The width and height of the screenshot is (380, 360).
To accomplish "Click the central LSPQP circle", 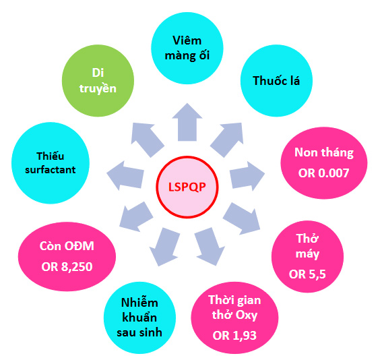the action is coord(187,187).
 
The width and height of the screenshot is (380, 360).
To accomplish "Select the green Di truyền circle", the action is coord(98,80).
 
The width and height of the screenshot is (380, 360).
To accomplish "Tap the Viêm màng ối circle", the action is coord(187,48).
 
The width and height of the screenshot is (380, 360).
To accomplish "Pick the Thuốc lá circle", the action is coord(276,80).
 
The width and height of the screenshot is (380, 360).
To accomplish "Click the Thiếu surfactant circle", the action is coord(51,163).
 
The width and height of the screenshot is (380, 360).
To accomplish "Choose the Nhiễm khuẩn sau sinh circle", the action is coord(139,318).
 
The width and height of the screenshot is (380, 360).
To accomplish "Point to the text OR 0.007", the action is coord(324,173).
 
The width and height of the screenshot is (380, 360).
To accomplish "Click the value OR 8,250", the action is coord(67,267).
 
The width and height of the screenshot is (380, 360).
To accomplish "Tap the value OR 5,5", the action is coord(307,274).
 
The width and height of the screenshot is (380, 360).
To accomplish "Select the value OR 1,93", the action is coord(234,336).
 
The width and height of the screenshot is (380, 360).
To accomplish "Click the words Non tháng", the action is coord(324,153).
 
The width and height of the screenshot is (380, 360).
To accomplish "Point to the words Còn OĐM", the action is coord(67,246).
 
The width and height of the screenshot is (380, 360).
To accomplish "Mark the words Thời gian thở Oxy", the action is coord(234,307).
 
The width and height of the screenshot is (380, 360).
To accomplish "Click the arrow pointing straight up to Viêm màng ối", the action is coord(187,123).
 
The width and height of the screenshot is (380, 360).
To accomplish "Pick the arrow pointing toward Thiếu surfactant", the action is coord(125,175).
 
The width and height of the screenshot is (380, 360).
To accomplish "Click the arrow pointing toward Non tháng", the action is coord(247,175).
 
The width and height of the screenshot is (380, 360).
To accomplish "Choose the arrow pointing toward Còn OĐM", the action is coord(135,216).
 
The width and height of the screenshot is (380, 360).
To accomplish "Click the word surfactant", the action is coord(51,170).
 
